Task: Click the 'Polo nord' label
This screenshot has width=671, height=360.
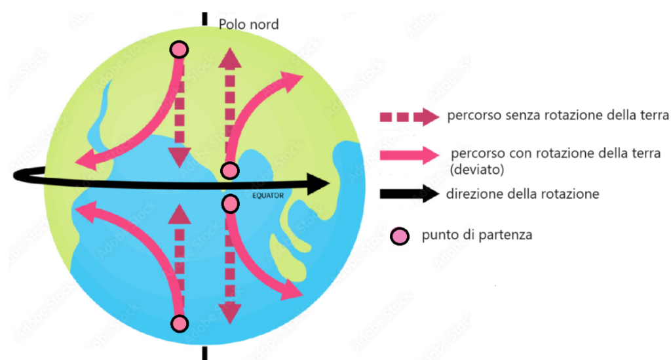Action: click(x=248, y=25)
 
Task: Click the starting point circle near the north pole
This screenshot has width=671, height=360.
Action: click(x=179, y=49)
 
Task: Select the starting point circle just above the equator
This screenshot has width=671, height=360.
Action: click(x=229, y=171)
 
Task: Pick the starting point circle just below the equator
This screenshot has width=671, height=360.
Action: click(x=229, y=204)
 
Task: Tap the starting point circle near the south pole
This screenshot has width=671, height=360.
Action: click(x=179, y=323)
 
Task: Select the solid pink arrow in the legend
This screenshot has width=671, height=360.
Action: click(x=408, y=155)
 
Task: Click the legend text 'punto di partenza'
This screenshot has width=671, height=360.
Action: click(x=477, y=234)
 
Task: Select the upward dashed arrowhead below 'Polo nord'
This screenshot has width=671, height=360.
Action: click(x=229, y=59)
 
